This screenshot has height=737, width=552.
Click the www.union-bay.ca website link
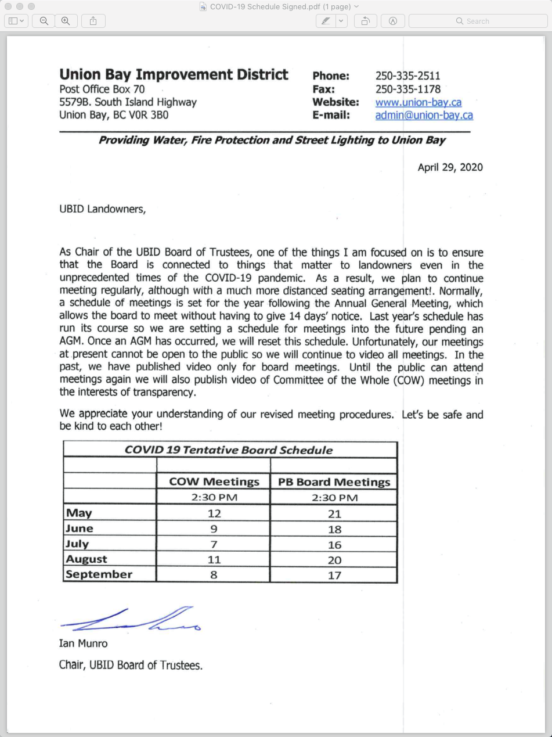pos(418,102)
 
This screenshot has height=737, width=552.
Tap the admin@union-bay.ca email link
pos(424,115)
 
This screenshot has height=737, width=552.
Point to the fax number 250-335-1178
pos(407,89)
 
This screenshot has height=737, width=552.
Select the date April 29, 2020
pos(450,167)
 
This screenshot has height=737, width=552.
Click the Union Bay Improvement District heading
pos(174,74)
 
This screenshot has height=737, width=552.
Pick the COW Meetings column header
pos(214,481)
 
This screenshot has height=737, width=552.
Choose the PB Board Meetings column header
pos(334,482)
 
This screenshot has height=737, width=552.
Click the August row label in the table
pos(86,559)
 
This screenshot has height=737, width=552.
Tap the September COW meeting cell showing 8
pos(214,575)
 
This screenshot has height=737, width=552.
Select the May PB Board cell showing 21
pos(334,514)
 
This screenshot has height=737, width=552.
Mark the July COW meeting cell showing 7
pos(214,544)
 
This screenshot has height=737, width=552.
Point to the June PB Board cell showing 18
pos(334,529)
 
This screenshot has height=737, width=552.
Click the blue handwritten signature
pos(131,621)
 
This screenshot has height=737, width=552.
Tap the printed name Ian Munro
pos(83,643)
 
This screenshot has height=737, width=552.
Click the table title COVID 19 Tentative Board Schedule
pos(229,450)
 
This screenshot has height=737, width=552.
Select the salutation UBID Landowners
pos(102,209)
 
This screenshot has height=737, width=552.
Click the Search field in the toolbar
pos(478,21)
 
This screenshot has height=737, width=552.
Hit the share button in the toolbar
pos(93,21)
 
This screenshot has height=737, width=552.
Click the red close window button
pos(8,6)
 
